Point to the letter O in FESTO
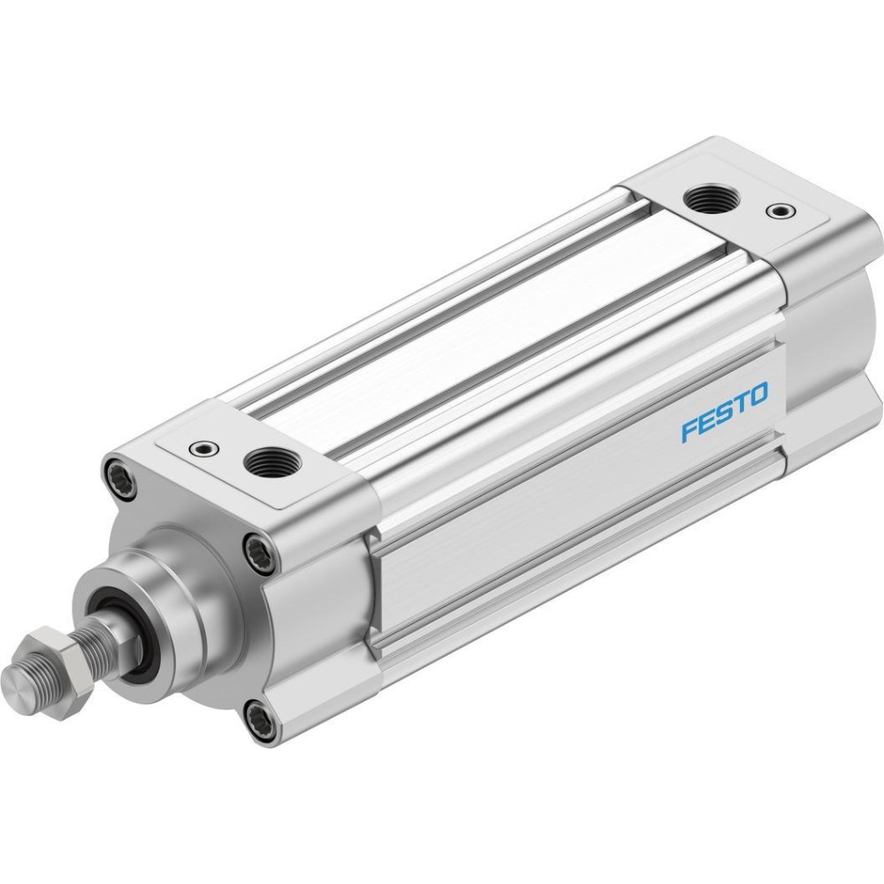click(758, 394)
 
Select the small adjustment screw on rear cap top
click(781, 211)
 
